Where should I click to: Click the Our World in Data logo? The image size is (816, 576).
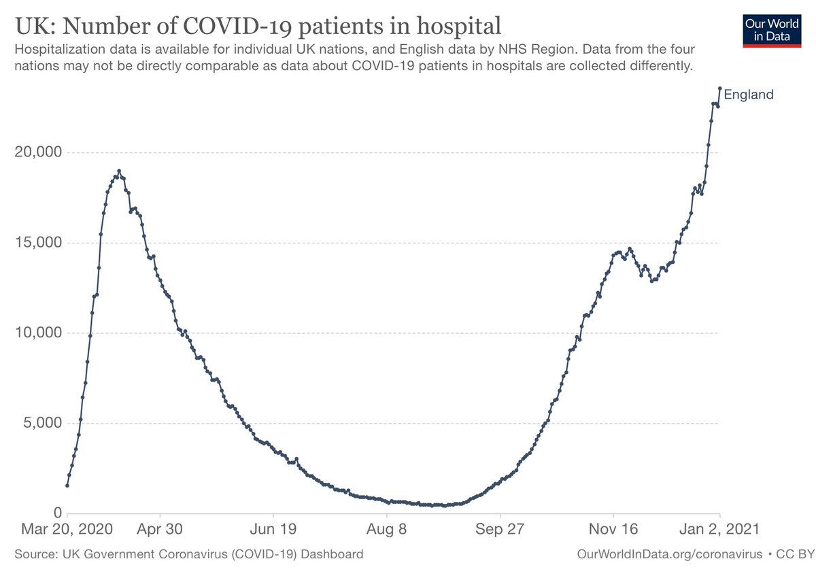tap(767, 29)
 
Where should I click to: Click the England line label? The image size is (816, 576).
tap(748, 95)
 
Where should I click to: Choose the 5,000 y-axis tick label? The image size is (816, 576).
tap(42, 423)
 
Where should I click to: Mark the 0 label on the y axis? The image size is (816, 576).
tap(57, 513)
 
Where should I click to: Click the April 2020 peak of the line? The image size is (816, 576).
tap(119, 171)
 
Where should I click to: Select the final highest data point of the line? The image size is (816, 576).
tap(719, 88)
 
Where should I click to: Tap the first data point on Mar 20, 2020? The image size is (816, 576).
tap(67, 486)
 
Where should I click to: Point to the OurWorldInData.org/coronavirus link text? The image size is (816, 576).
tap(669, 554)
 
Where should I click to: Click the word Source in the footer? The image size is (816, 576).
tap(33, 554)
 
